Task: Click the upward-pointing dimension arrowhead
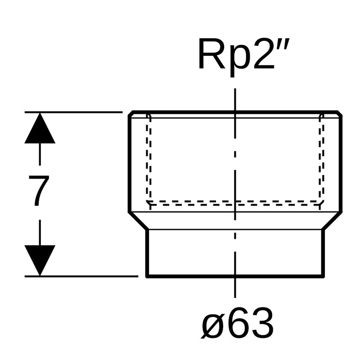point(40,128)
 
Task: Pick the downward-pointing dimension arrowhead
point(40,260)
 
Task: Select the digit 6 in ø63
point(238,323)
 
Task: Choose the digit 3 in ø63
point(262,323)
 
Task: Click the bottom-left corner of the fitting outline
point(147,275)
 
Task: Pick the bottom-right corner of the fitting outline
point(322,275)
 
